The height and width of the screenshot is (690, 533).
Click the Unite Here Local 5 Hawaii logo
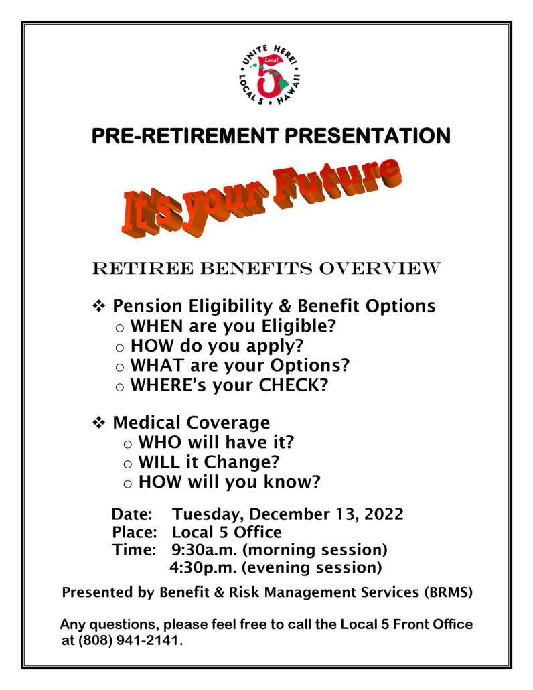point(269,76)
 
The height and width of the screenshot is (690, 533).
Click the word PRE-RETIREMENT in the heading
point(185,135)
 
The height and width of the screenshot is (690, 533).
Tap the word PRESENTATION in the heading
point(368,135)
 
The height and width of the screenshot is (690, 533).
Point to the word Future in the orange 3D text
point(336,184)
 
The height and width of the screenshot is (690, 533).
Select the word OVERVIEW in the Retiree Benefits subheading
point(380,268)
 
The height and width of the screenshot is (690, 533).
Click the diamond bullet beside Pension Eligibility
point(99,306)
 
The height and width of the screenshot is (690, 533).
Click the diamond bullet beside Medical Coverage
point(99,423)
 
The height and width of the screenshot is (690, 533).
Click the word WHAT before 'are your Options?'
point(157,365)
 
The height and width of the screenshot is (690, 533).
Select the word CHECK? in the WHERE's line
point(293,385)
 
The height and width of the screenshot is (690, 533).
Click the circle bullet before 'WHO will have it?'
point(127,444)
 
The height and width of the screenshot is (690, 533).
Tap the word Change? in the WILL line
point(242,462)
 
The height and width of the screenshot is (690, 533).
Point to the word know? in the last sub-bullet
point(292,482)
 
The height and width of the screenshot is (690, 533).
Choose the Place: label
point(134,532)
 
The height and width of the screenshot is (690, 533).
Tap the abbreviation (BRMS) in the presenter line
point(449,592)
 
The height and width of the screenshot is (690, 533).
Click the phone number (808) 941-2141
point(130,640)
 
